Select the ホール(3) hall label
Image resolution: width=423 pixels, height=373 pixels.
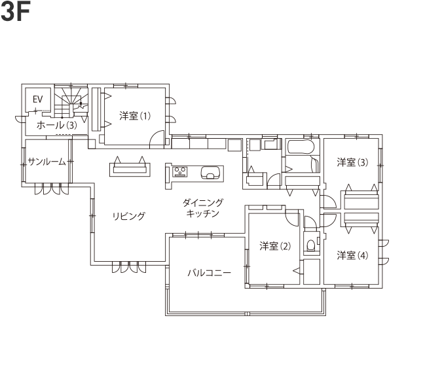pyautogui.click(x=56, y=124)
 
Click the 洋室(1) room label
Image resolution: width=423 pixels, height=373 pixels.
pyautogui.click(x=135, y=116)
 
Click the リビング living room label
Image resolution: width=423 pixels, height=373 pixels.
pyautogui.click(x=128, y=217)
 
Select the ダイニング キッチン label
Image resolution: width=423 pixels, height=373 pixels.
pyautogui.click(x=202, y=208)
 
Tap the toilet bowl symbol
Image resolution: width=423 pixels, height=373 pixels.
pyautogui.click(x=310, y=247)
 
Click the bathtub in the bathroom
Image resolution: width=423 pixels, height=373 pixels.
pyautogui.click(x=301, y=149)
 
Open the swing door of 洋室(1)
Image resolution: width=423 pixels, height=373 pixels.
pyautogui.click(x=156, y=139)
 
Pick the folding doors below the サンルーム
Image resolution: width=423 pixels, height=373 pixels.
pyautogui.click(x=50, y=189)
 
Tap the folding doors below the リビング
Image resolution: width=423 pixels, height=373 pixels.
pyautogui.click(x=124, y=267)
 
